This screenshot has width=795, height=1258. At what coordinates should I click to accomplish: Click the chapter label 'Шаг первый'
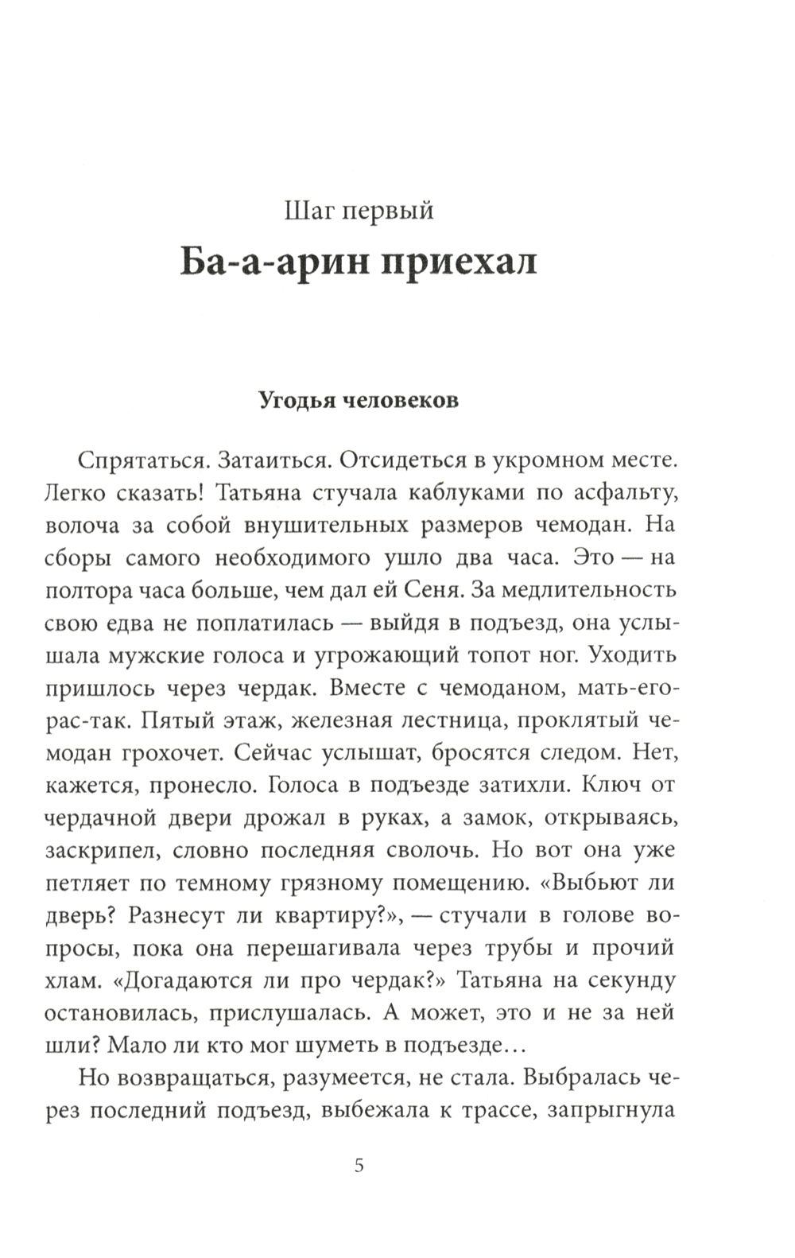359,211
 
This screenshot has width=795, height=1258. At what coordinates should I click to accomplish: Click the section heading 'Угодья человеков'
359,400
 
